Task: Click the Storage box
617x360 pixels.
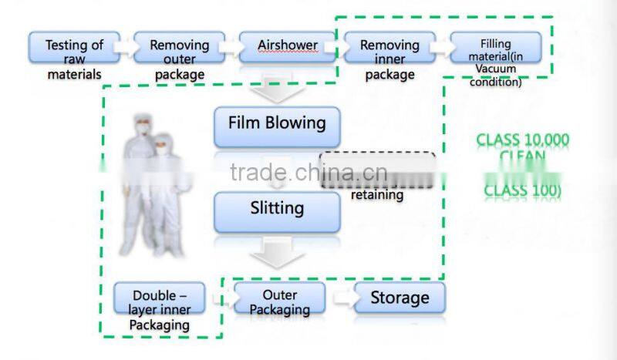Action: tap(400, 298)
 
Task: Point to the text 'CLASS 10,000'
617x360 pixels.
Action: tap(522, 140)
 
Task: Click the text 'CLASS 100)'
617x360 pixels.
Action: tap(522, 190)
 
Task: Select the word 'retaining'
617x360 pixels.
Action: tap(377, 195)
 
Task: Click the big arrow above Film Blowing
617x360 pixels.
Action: tap(277, 92)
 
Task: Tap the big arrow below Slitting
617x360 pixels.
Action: tap(277, 252)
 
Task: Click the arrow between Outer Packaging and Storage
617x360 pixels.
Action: tap(342, 298)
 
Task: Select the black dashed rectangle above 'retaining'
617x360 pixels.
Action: tap(377, 170)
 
